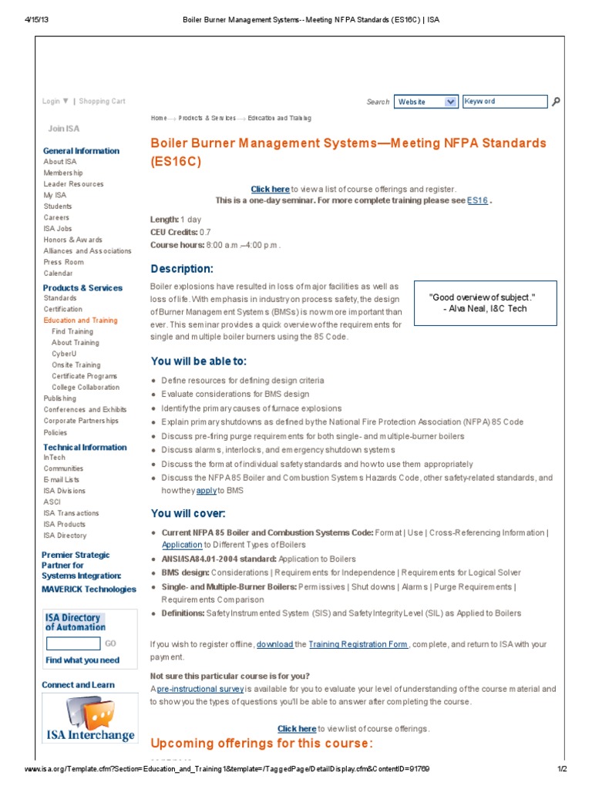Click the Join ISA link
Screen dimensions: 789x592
coord(63,129)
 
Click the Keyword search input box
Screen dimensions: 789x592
coord(504,102)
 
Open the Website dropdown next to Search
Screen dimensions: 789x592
coord(426,102)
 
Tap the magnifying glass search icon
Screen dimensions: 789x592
coord(557,102)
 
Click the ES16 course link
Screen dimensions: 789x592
coord(477,200)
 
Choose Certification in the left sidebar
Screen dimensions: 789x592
coord(62,309)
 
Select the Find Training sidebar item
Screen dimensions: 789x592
coord(72,331)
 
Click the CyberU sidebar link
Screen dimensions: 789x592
coord(64,354)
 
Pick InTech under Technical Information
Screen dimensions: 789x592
coord(54,457)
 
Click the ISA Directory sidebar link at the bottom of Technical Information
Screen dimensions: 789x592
coord(65,535)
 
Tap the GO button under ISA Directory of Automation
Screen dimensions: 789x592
coord(110,643)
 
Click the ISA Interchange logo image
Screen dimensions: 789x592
coord(89,719)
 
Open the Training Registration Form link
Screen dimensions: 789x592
coord(358,644)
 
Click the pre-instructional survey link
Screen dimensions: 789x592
coord(200,688)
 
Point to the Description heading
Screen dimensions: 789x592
coord(181,269)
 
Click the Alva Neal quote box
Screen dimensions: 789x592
coord(484,303)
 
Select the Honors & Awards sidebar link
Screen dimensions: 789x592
coord(72,240)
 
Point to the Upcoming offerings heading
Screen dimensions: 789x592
coord(261,744)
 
